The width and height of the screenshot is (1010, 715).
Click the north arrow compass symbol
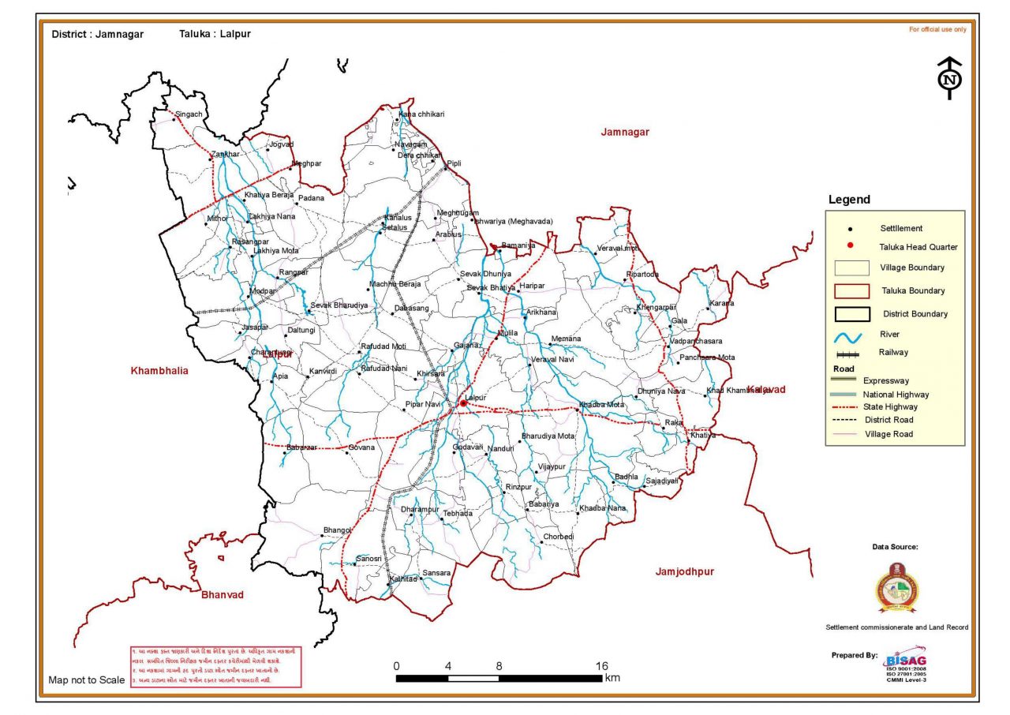coord(949,78)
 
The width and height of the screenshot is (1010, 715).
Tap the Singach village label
coord(189,114)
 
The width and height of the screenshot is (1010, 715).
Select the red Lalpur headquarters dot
coord(462,404)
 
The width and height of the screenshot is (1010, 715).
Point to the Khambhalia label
coord(159,370)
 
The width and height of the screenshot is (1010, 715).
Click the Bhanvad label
coord(223,594)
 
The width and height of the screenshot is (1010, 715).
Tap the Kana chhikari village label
coord(422,114)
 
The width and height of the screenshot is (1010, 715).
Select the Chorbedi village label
coord(559,537)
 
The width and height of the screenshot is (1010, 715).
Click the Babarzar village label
coord(301,447)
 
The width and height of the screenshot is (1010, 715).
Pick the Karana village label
coord(721,303)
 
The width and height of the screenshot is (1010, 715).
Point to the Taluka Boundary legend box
coord(851,291)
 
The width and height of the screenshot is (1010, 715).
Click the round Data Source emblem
coord(898,589)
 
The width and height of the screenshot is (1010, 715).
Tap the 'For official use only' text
coord(937,29)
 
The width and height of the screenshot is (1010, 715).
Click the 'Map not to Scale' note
coord(86,679)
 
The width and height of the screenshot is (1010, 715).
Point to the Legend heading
coord(848,200)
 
